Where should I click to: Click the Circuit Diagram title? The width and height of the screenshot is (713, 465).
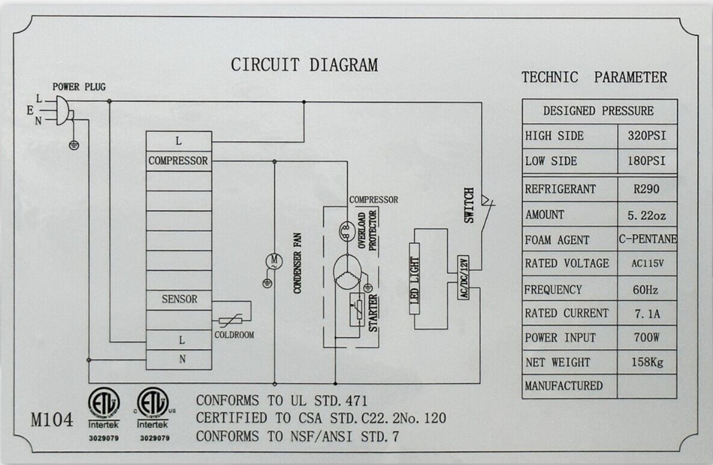coord(304,65)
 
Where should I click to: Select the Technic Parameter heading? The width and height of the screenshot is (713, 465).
coord(595,77)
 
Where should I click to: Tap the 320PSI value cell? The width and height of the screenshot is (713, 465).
coord(647,136)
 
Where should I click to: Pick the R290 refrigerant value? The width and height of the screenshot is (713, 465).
coord(646,188)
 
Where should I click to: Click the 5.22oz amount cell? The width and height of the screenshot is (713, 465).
coord(647,215)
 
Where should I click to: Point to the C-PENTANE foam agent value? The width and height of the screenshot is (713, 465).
coord(648,239)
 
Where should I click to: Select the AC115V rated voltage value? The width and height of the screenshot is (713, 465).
coord(647,264)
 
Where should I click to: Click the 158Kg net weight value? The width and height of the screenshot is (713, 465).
coord(647,362)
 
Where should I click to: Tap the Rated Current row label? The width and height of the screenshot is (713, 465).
coord(566,313)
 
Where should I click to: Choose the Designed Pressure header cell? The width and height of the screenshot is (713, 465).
coord(598,111)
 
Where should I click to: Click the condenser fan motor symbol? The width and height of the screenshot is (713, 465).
coord(274,261)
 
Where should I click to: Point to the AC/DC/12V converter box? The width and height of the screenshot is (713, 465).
coord(463,277)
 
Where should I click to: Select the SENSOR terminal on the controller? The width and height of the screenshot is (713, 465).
coord(179,300)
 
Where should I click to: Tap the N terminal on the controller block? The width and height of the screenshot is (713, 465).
coord(182,359)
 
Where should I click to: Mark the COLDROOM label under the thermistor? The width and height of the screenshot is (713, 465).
coord(234,335)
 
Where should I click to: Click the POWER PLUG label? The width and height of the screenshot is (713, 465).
coord(79,87)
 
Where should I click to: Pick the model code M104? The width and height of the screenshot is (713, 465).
coord(52,420)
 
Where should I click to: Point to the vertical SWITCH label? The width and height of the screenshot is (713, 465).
coord(469,205)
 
